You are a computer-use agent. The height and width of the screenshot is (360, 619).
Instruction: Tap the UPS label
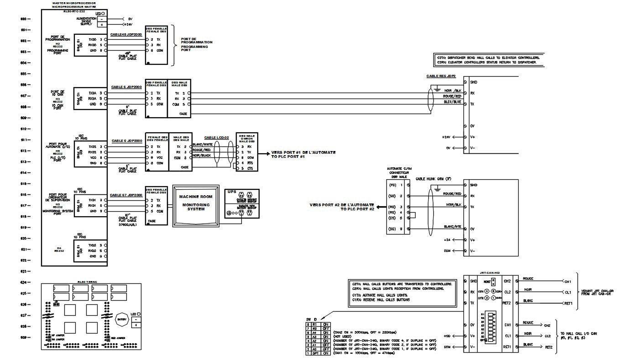(x=232, y=192)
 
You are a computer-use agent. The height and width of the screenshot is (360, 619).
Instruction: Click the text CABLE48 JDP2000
(x=126, y=35)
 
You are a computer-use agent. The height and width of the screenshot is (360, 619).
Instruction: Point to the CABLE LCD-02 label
(x=216, y=137)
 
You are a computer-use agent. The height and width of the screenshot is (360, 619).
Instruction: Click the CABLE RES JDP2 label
(x=441, y=77)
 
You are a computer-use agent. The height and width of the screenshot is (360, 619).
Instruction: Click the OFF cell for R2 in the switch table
(x=326, y=328)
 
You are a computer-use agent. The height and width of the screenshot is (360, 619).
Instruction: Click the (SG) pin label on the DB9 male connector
(x=391, y=229)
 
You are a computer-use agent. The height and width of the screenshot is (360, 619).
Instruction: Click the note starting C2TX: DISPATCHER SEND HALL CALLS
(x=488, y=57)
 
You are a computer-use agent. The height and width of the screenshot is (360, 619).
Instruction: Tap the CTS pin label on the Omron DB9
(x=250, y=168)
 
